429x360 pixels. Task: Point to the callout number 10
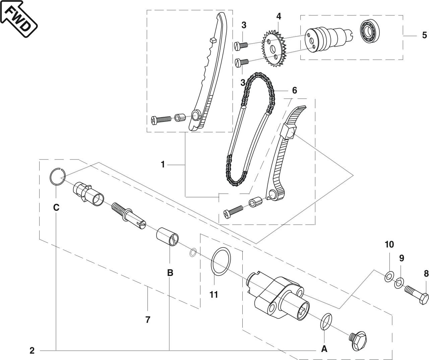(x=389, y=244)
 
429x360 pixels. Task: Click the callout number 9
(x=402, y=258)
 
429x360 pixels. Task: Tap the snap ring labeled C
(x=57, y=176)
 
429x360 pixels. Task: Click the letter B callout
(x=170, y=273)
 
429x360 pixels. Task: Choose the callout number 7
(x=147, y=319)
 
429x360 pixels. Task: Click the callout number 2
(x=32, y=351)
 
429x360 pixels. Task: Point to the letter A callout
(x=324, y=349)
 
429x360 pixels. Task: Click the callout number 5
(x=424, y=35)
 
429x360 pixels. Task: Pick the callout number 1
(x=163, y=164)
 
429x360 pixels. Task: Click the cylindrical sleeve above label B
(x=167, y=236)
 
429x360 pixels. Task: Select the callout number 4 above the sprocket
(x=279, y=16)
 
